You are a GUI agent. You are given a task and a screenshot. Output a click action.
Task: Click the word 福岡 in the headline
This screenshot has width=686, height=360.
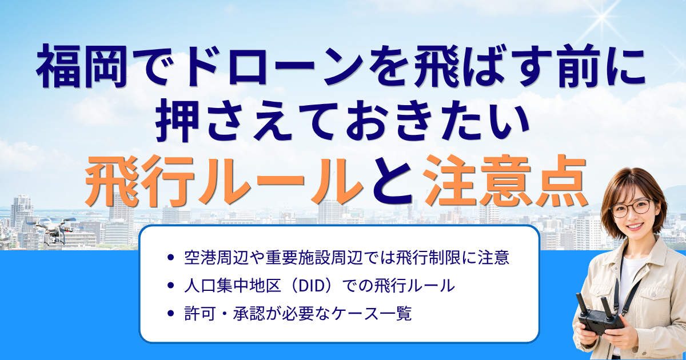point(81,66)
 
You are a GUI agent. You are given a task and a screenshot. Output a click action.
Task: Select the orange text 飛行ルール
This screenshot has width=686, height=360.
point(224,181)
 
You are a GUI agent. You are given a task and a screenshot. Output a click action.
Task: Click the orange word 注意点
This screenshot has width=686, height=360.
point(505,181)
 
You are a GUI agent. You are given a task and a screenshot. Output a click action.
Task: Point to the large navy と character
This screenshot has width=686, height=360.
point(393,181)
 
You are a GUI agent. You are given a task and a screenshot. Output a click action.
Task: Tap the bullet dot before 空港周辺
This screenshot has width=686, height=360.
point(171,258)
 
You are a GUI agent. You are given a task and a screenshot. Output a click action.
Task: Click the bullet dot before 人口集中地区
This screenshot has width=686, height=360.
point(171,286)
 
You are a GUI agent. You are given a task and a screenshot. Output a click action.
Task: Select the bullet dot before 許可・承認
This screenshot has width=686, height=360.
point(171,314)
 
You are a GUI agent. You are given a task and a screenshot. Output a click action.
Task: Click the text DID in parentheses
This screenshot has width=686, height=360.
point(311,286)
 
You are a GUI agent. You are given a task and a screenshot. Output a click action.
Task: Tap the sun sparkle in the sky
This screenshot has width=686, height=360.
point(601,17)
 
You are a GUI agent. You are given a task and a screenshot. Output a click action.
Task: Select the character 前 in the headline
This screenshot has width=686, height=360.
point(578,66)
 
